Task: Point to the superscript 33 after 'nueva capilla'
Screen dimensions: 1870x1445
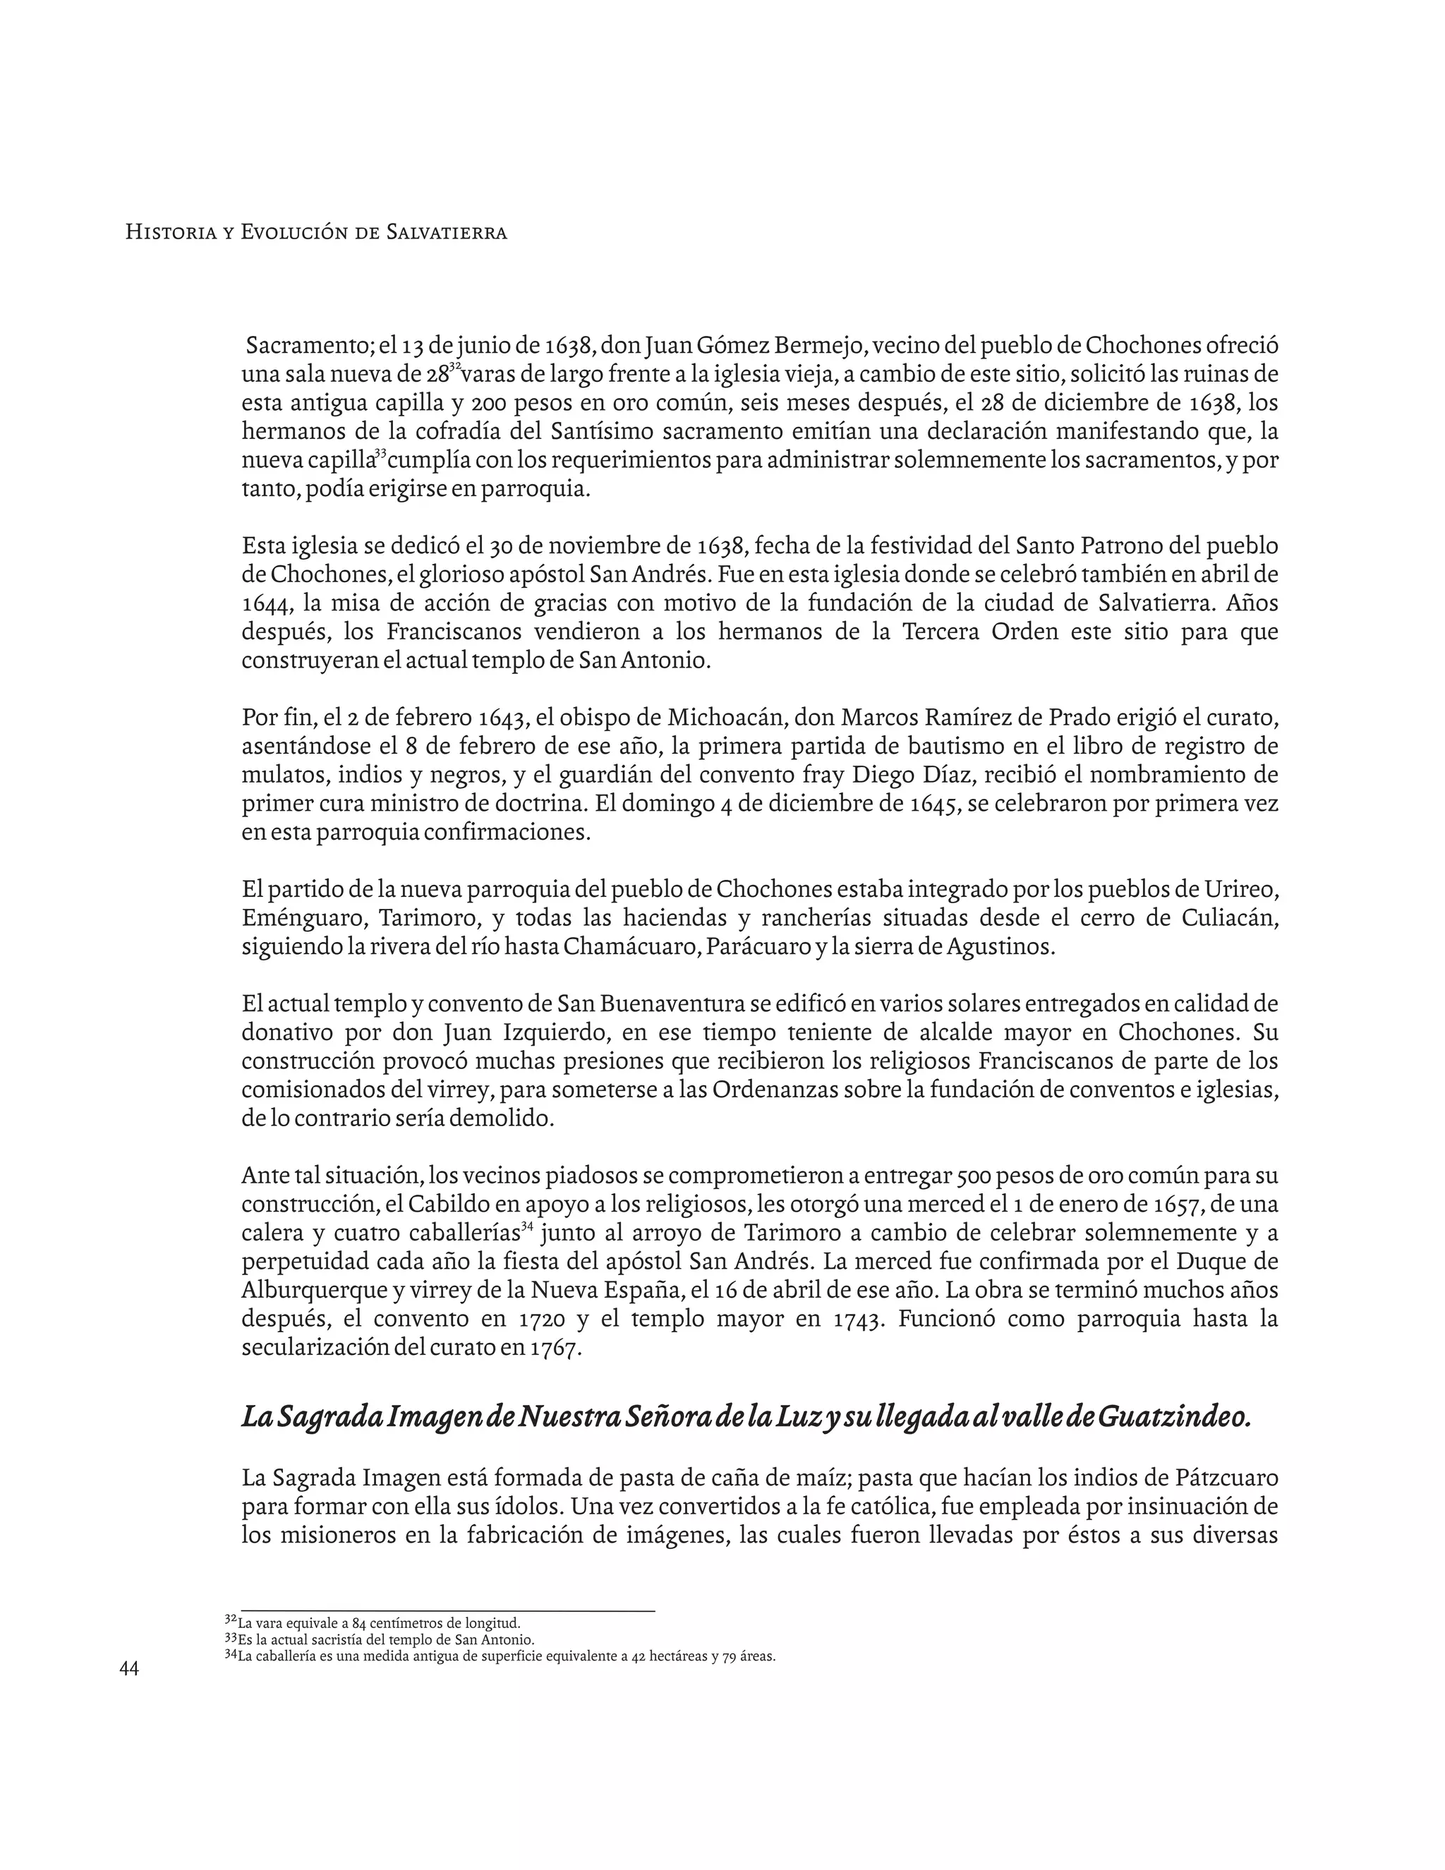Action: (x=381, y=452)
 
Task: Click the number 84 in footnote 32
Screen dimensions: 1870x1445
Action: (x=358, y=1622)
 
